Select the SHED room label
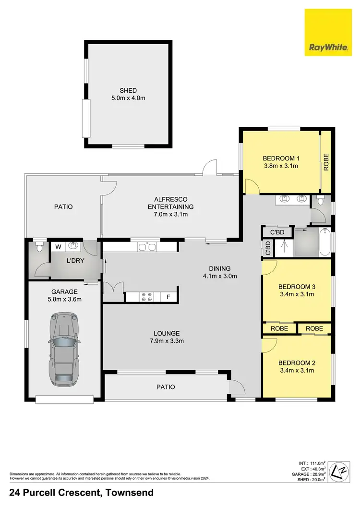point(129,90)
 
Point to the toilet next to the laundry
point(39,246)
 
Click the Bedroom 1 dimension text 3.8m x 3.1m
point(281,166)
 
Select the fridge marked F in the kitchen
point(168,297)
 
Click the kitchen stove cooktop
point(146,297)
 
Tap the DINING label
point(220,268)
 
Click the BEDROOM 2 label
point(296,363)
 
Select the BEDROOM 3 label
point(296,287)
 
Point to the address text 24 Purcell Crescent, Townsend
point(81,493)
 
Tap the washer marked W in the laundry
point(59,246)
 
